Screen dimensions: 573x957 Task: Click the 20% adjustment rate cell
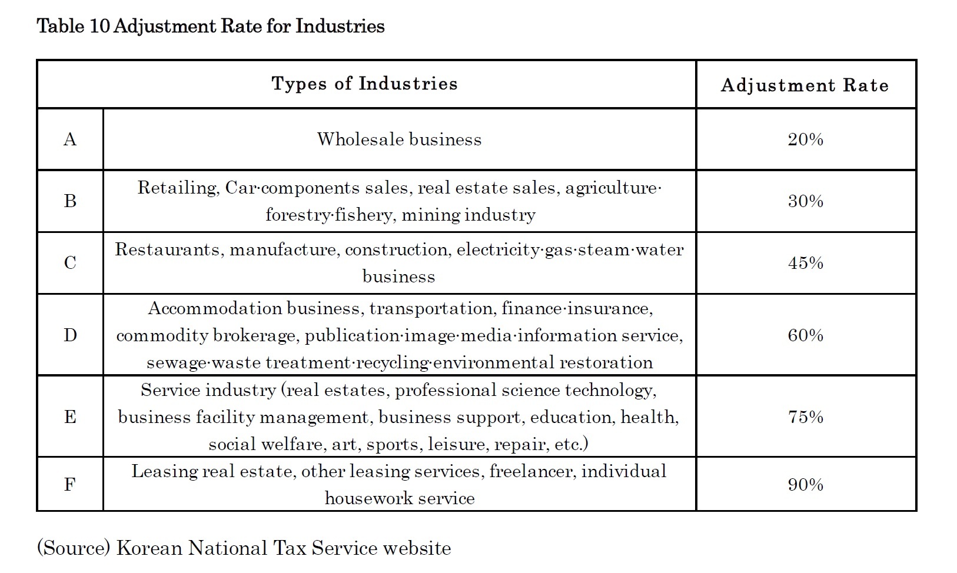[x=805, y=139]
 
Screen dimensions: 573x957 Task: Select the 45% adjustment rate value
[x=805, y=262]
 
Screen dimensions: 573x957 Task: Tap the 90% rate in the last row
[x=805, y=484]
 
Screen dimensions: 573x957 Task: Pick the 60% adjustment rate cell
[x=805, y=335]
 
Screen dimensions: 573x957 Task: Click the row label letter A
[x=69, y=139]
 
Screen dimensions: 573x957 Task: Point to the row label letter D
[x=69, y=335]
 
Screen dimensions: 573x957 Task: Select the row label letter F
[x=69, y=484]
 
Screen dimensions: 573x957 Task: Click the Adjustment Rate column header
[x=805, y=85]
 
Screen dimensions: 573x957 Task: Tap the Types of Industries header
[x=364, y=84]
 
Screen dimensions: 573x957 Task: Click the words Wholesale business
[x=399, y=139]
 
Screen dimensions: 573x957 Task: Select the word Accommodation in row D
[x=215, y=308]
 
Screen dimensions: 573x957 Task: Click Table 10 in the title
[x=72, y=26]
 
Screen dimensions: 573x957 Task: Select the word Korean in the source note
[x=149, y=548]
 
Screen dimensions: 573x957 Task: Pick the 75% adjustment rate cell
[x=805, y=417]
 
